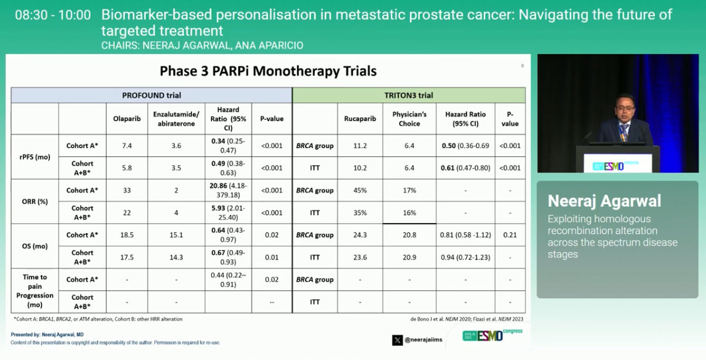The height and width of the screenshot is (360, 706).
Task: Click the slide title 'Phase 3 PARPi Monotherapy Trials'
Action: click(268, 71)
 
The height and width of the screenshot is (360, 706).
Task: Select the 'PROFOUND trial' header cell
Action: click(152, 95)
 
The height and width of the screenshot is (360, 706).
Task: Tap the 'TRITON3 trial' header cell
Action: click(409, 95)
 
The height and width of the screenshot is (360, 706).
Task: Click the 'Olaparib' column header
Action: click(127, 119)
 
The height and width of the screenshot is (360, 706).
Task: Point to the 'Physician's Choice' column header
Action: click(409, 119)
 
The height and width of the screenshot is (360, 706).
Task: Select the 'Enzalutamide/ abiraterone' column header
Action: click(176, 119)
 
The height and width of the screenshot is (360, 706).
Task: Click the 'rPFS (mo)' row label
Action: click(35, 157)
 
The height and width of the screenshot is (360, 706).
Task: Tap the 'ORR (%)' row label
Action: click(35, 201)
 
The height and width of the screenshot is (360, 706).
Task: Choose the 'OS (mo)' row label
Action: click(35, 246)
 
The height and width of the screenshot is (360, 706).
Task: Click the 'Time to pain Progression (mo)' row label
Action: click(35, 291)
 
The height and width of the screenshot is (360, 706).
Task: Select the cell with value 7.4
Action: click(127, 146)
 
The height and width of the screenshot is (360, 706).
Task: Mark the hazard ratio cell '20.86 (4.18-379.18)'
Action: click(229, 190)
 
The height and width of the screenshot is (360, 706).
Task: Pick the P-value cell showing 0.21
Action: click(510, 235)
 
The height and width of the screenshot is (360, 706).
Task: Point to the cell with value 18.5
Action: click(127, 235)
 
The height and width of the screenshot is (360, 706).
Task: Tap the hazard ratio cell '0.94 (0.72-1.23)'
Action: click(465, 257)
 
